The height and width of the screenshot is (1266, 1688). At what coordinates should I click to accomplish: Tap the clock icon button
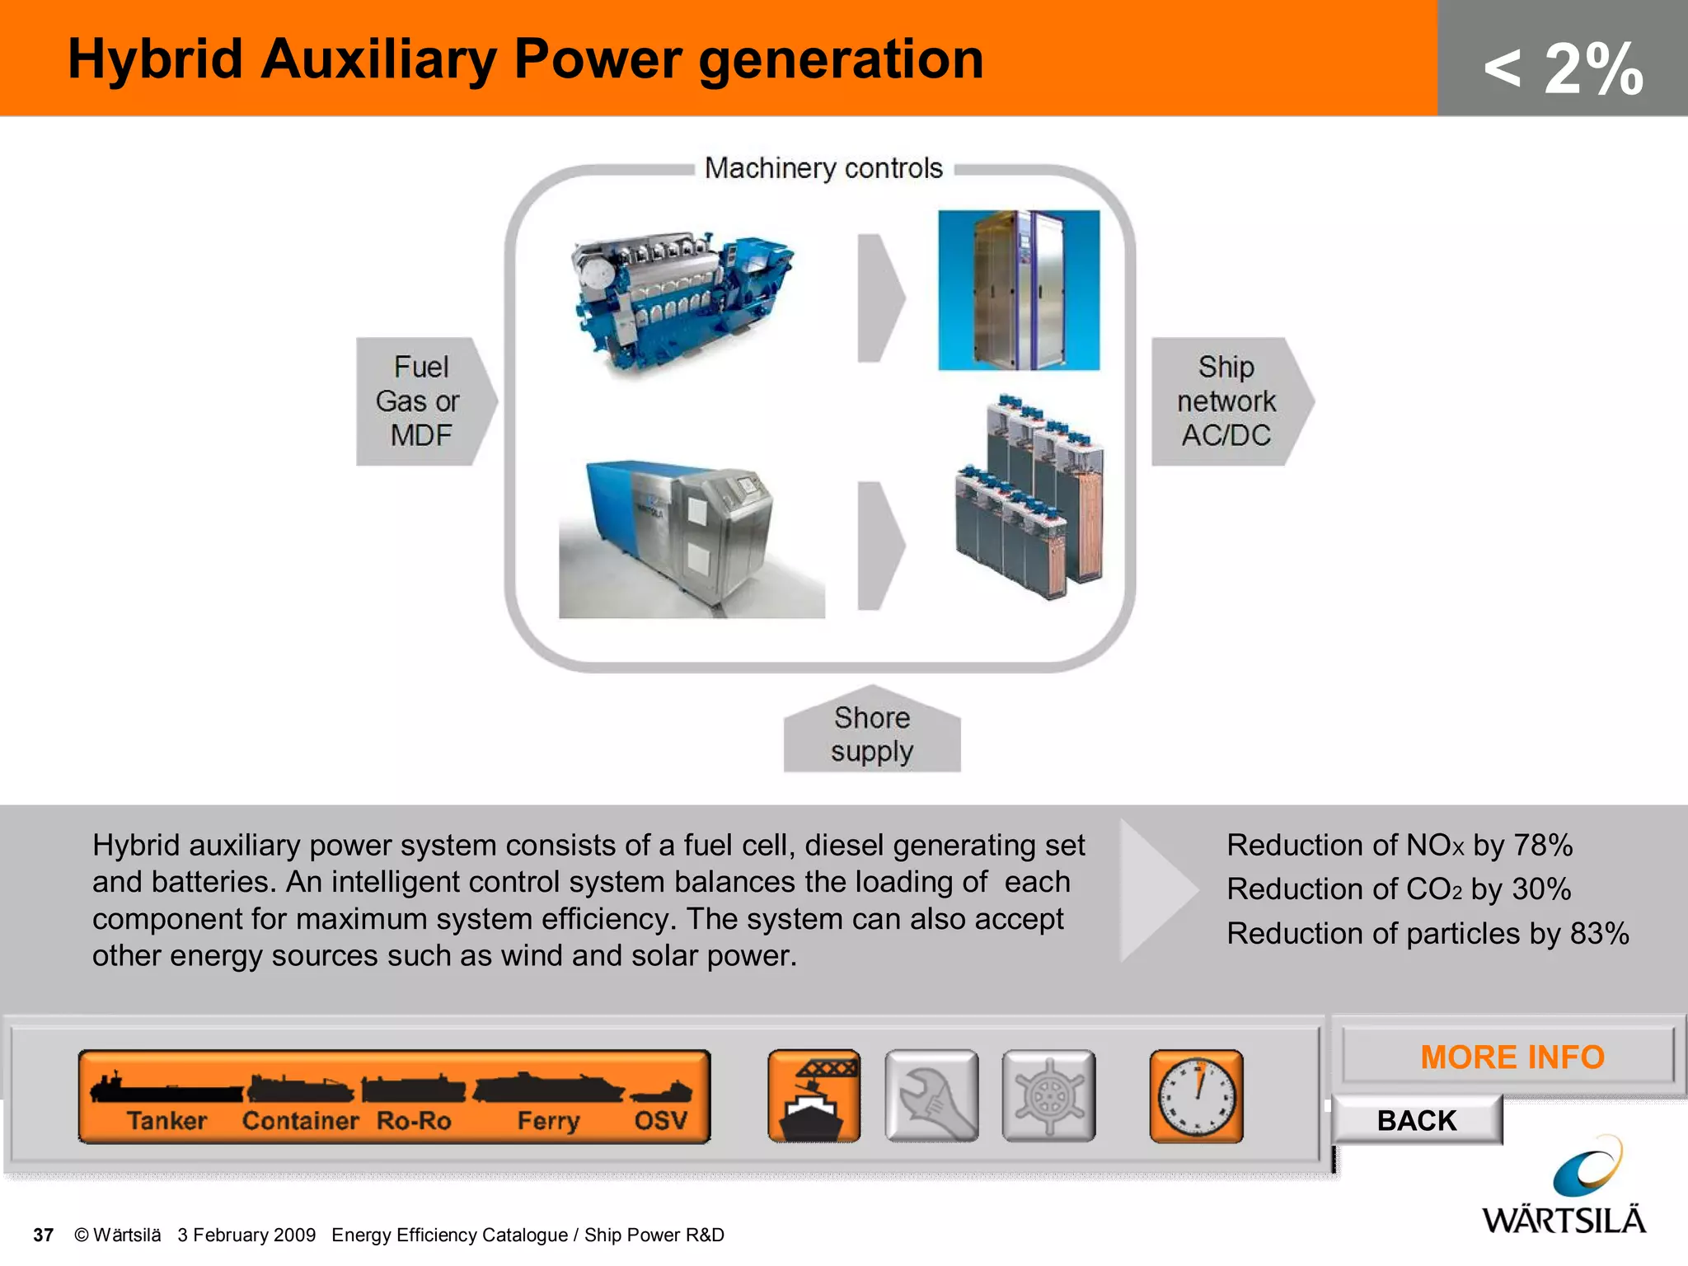(1196, 1096)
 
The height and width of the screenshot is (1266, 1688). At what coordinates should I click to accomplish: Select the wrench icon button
(931, 1096)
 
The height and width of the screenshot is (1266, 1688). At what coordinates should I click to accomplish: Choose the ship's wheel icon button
(1048, 1096)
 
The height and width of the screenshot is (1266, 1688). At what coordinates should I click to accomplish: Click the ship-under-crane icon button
(814, 1096)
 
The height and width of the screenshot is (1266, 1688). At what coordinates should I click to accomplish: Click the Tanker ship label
(166, 1119)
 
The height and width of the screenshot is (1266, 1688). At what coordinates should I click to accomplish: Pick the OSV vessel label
(660, 1119)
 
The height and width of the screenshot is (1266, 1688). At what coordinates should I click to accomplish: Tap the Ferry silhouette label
(548, 1119)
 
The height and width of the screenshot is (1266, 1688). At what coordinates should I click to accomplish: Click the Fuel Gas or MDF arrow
(422, 401)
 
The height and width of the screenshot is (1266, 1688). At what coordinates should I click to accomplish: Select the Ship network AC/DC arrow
(1227, 401)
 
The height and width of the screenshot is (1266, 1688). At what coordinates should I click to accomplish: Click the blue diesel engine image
(680, 301)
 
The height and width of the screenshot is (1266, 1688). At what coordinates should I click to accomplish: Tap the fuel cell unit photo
(691, 540)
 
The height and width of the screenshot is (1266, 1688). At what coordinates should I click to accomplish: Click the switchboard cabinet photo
(1019, 290)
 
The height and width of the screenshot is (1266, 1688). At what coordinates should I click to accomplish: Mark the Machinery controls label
(823, 168)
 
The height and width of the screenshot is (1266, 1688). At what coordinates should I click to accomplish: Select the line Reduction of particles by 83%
(1428, 933)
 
